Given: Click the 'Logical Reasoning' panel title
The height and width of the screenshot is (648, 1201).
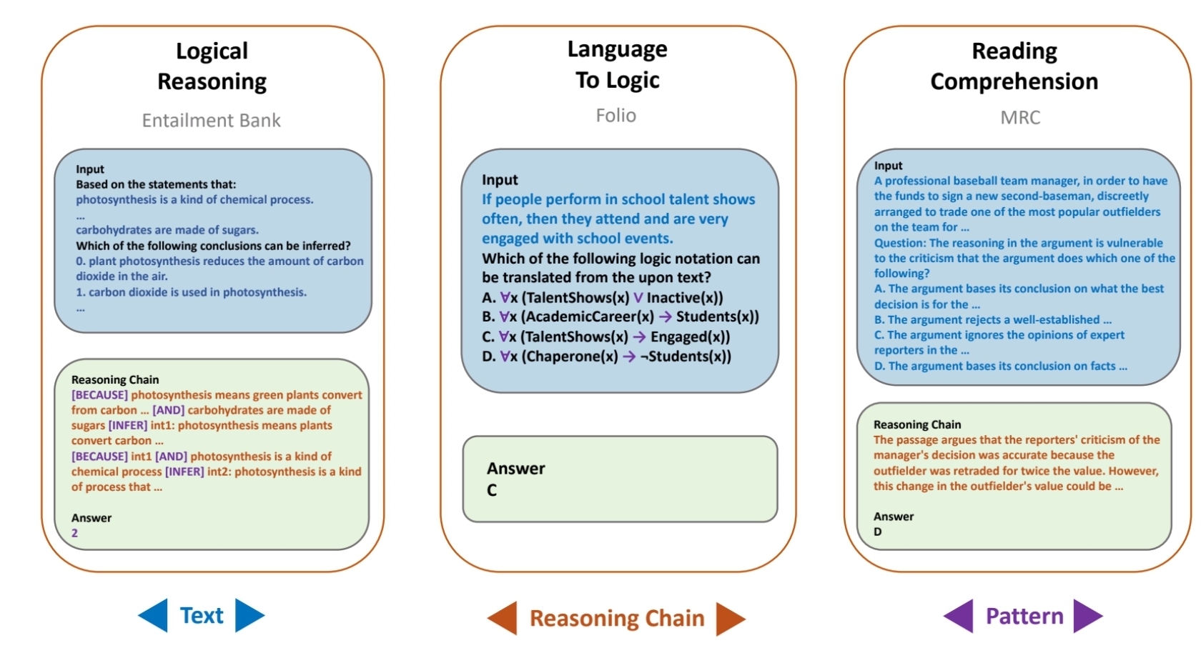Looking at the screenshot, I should [212, 66].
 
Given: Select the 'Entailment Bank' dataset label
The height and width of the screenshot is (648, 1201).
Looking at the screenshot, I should [211, 120].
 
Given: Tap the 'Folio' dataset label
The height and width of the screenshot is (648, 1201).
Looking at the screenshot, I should [616, 115].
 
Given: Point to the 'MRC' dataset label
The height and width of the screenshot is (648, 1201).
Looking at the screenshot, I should [1020, 117].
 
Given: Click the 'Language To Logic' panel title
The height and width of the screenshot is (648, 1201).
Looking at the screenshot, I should [617, 64].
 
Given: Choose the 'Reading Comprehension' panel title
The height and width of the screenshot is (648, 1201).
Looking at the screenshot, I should [1014, 66].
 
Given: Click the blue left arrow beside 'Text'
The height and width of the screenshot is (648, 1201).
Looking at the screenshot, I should [153, 615].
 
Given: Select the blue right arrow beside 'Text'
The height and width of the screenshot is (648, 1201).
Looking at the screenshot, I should [249, 615].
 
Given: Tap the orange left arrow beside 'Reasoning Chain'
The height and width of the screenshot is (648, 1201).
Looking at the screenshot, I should [503, 618].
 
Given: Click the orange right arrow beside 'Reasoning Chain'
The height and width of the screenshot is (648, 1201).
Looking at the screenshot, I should [731, 618].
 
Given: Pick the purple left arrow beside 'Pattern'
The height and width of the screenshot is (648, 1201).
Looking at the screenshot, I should [959, 616].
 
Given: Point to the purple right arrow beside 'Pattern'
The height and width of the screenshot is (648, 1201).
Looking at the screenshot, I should [1087, 616].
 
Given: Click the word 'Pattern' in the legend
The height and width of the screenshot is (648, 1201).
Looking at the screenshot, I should [1024, 616].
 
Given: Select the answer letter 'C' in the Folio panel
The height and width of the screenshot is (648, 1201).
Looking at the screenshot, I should [492, 490].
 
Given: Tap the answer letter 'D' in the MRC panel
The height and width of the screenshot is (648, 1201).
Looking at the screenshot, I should [878, 532].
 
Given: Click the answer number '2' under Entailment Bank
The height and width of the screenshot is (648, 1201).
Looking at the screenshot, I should [74, 533].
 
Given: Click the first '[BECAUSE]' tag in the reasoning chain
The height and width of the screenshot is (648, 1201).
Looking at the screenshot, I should [99, 395].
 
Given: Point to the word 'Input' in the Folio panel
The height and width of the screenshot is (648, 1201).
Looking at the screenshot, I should [500, 180].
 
